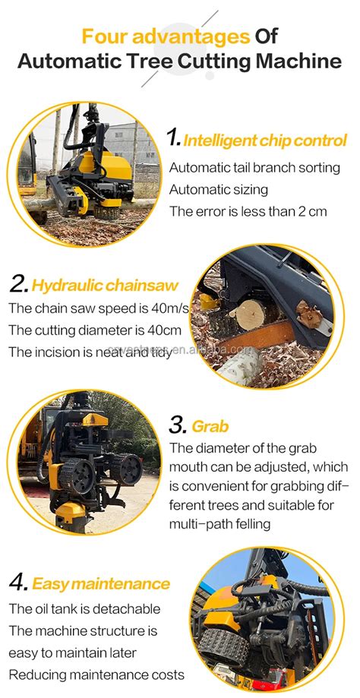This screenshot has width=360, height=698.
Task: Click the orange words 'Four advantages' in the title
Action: (166, 36)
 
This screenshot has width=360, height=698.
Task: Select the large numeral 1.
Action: (174, 139)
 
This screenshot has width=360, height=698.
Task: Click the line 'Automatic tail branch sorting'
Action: (254, 167)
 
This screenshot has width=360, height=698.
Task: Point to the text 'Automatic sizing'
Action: (219, 189)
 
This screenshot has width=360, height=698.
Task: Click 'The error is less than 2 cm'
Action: (248, 211)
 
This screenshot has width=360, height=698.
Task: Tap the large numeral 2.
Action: (19, 285)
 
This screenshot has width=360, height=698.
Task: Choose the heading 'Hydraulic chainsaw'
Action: (106, 286)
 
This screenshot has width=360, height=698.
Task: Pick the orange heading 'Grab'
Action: (210, 426)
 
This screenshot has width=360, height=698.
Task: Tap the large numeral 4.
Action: (18, 583)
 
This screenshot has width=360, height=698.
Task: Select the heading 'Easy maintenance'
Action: (100, 584)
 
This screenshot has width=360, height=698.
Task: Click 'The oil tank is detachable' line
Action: (84, 608)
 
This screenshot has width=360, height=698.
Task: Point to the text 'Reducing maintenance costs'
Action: (96, 675)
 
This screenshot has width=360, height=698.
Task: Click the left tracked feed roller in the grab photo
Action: (78, 478)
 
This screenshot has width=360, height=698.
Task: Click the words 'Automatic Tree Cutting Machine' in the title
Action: (179, 61)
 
